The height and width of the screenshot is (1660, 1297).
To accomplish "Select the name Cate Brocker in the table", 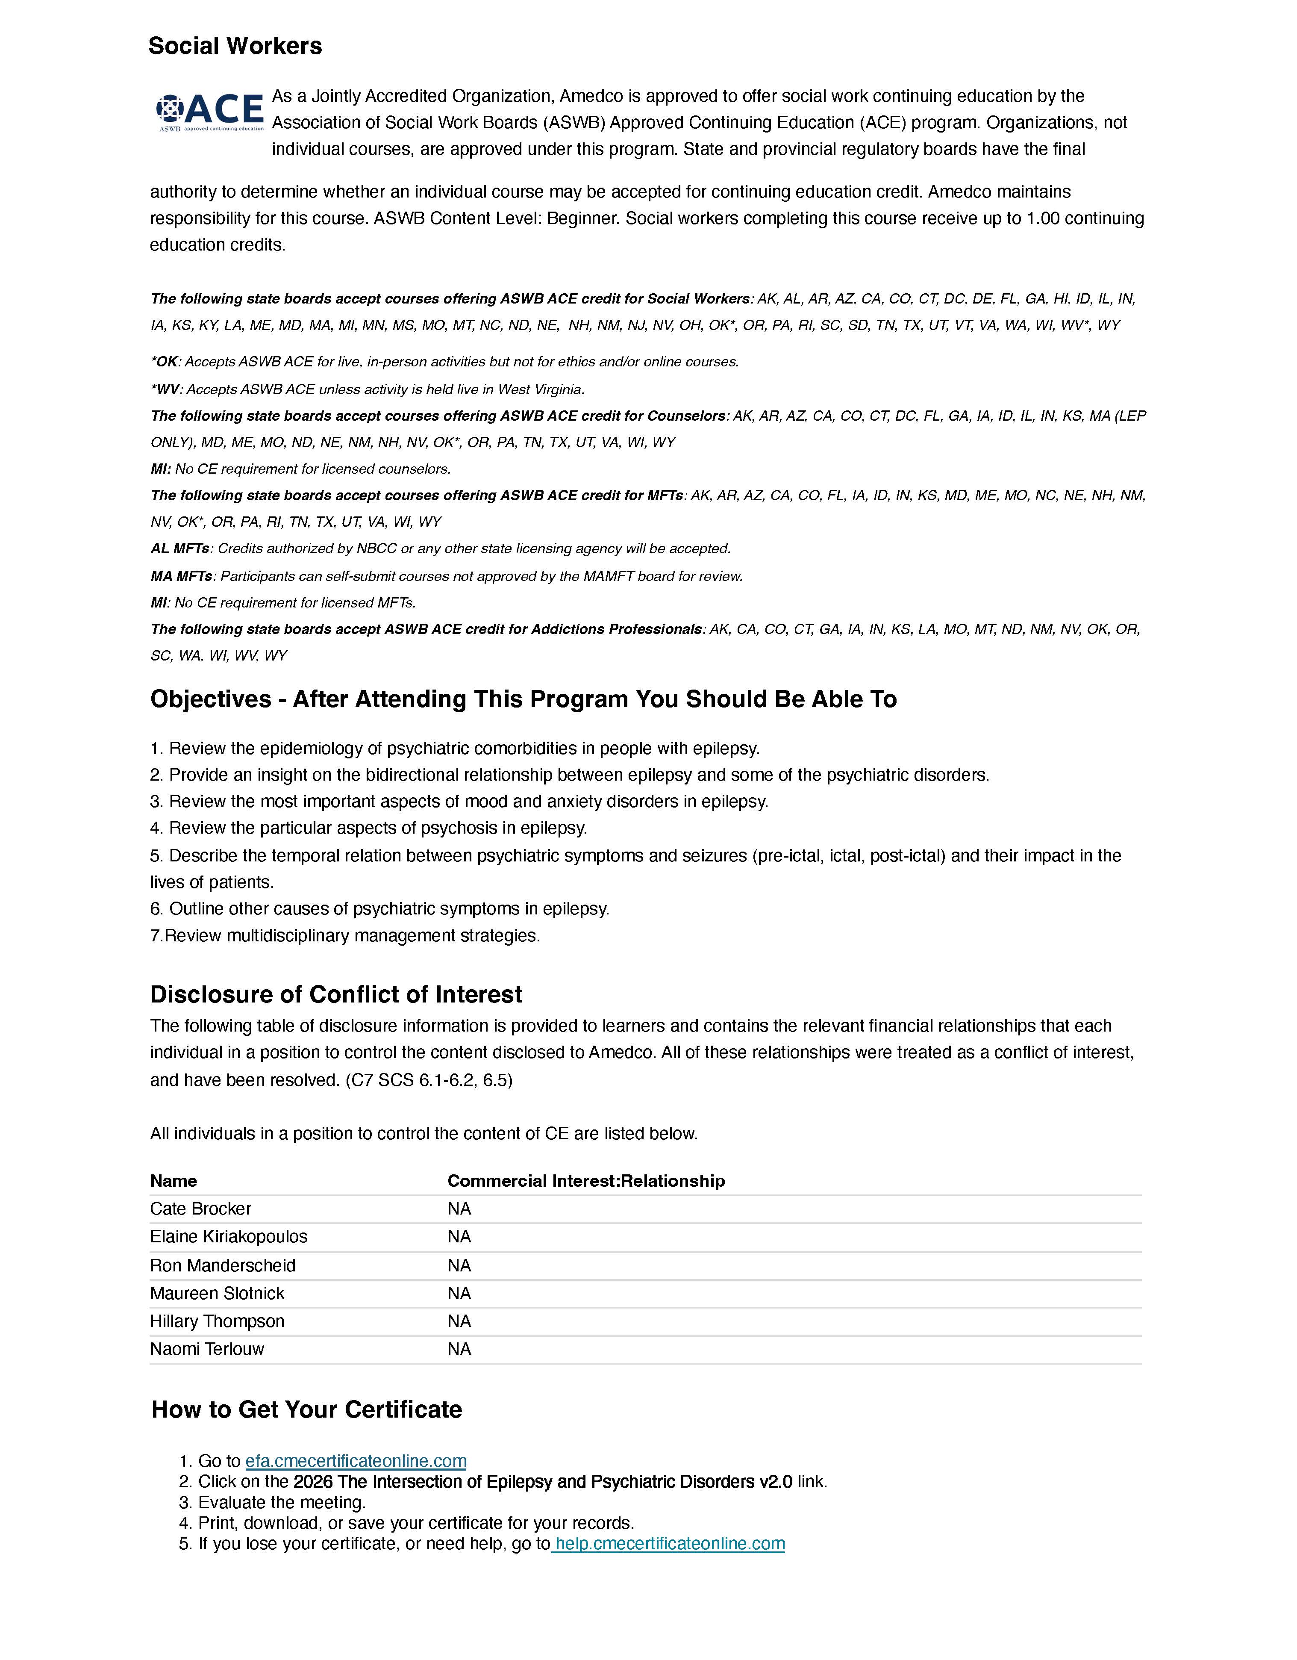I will [200, 1209].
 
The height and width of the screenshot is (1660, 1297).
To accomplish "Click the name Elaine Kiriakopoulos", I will [229, 1237].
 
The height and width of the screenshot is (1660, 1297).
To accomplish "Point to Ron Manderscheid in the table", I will [223, 1265].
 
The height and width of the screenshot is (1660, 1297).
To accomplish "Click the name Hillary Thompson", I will [218, 1321].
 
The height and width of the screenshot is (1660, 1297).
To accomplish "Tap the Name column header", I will [173, 1180].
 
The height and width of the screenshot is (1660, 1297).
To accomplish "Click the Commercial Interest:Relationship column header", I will [586, 1180].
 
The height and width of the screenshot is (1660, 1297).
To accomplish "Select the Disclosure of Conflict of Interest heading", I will [336, 994].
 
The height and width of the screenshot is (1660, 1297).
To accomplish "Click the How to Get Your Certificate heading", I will [307, 1409].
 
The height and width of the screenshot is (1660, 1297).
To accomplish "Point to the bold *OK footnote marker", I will [164, 362].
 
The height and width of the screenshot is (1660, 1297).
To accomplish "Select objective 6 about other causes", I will [380, 909].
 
